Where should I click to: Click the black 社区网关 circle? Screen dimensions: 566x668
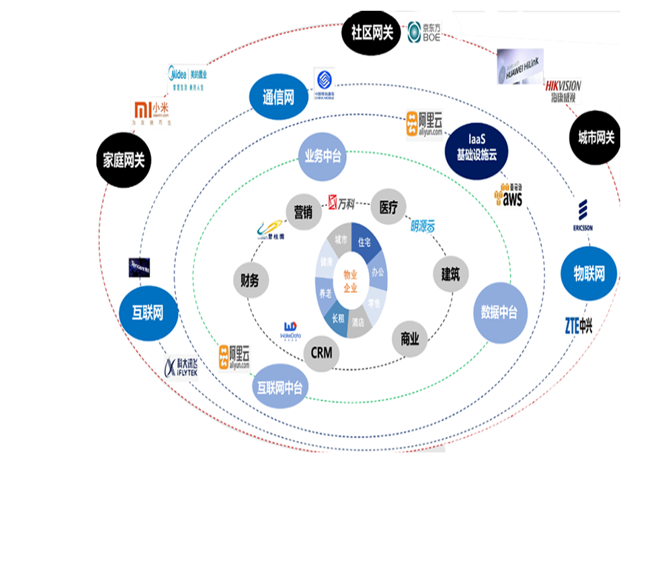pyautogui.click(x=372, y=32)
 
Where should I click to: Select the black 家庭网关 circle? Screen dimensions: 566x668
pyautogui.click(x=124, y=160)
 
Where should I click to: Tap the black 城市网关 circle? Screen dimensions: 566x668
pyautogui.click(x=596, y=138)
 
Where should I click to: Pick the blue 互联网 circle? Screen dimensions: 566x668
pyautogui.click(x=147, y=313)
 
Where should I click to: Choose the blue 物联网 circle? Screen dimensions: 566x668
pyautogui.click(x=589, y=274)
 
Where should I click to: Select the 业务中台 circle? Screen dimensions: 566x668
pyautogui.click(x=323, y=157)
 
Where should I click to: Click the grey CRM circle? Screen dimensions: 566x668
pyautogui.click(x=321, y=352)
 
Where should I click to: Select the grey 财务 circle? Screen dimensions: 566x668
pyautogui.click(x=249, y=280)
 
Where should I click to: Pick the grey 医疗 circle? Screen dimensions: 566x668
pyautogui.click(x=388, y=207)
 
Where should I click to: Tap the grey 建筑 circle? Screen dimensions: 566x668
pyautogui.click(x=450, y=274)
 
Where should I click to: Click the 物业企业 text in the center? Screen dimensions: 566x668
pyautogui.click(x=351, y=281)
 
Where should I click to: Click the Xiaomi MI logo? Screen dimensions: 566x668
pyautogui.click(x=144, y=109)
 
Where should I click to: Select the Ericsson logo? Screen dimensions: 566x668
pyautogui.click(x=583, y=215)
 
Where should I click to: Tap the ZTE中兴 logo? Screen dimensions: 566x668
pyautogui.click(x=578, y=327)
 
